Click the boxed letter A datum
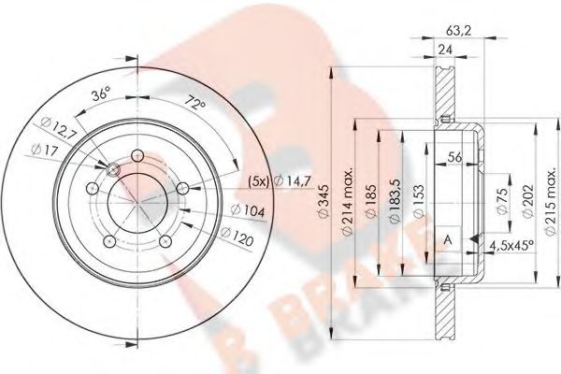click(447, 239)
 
